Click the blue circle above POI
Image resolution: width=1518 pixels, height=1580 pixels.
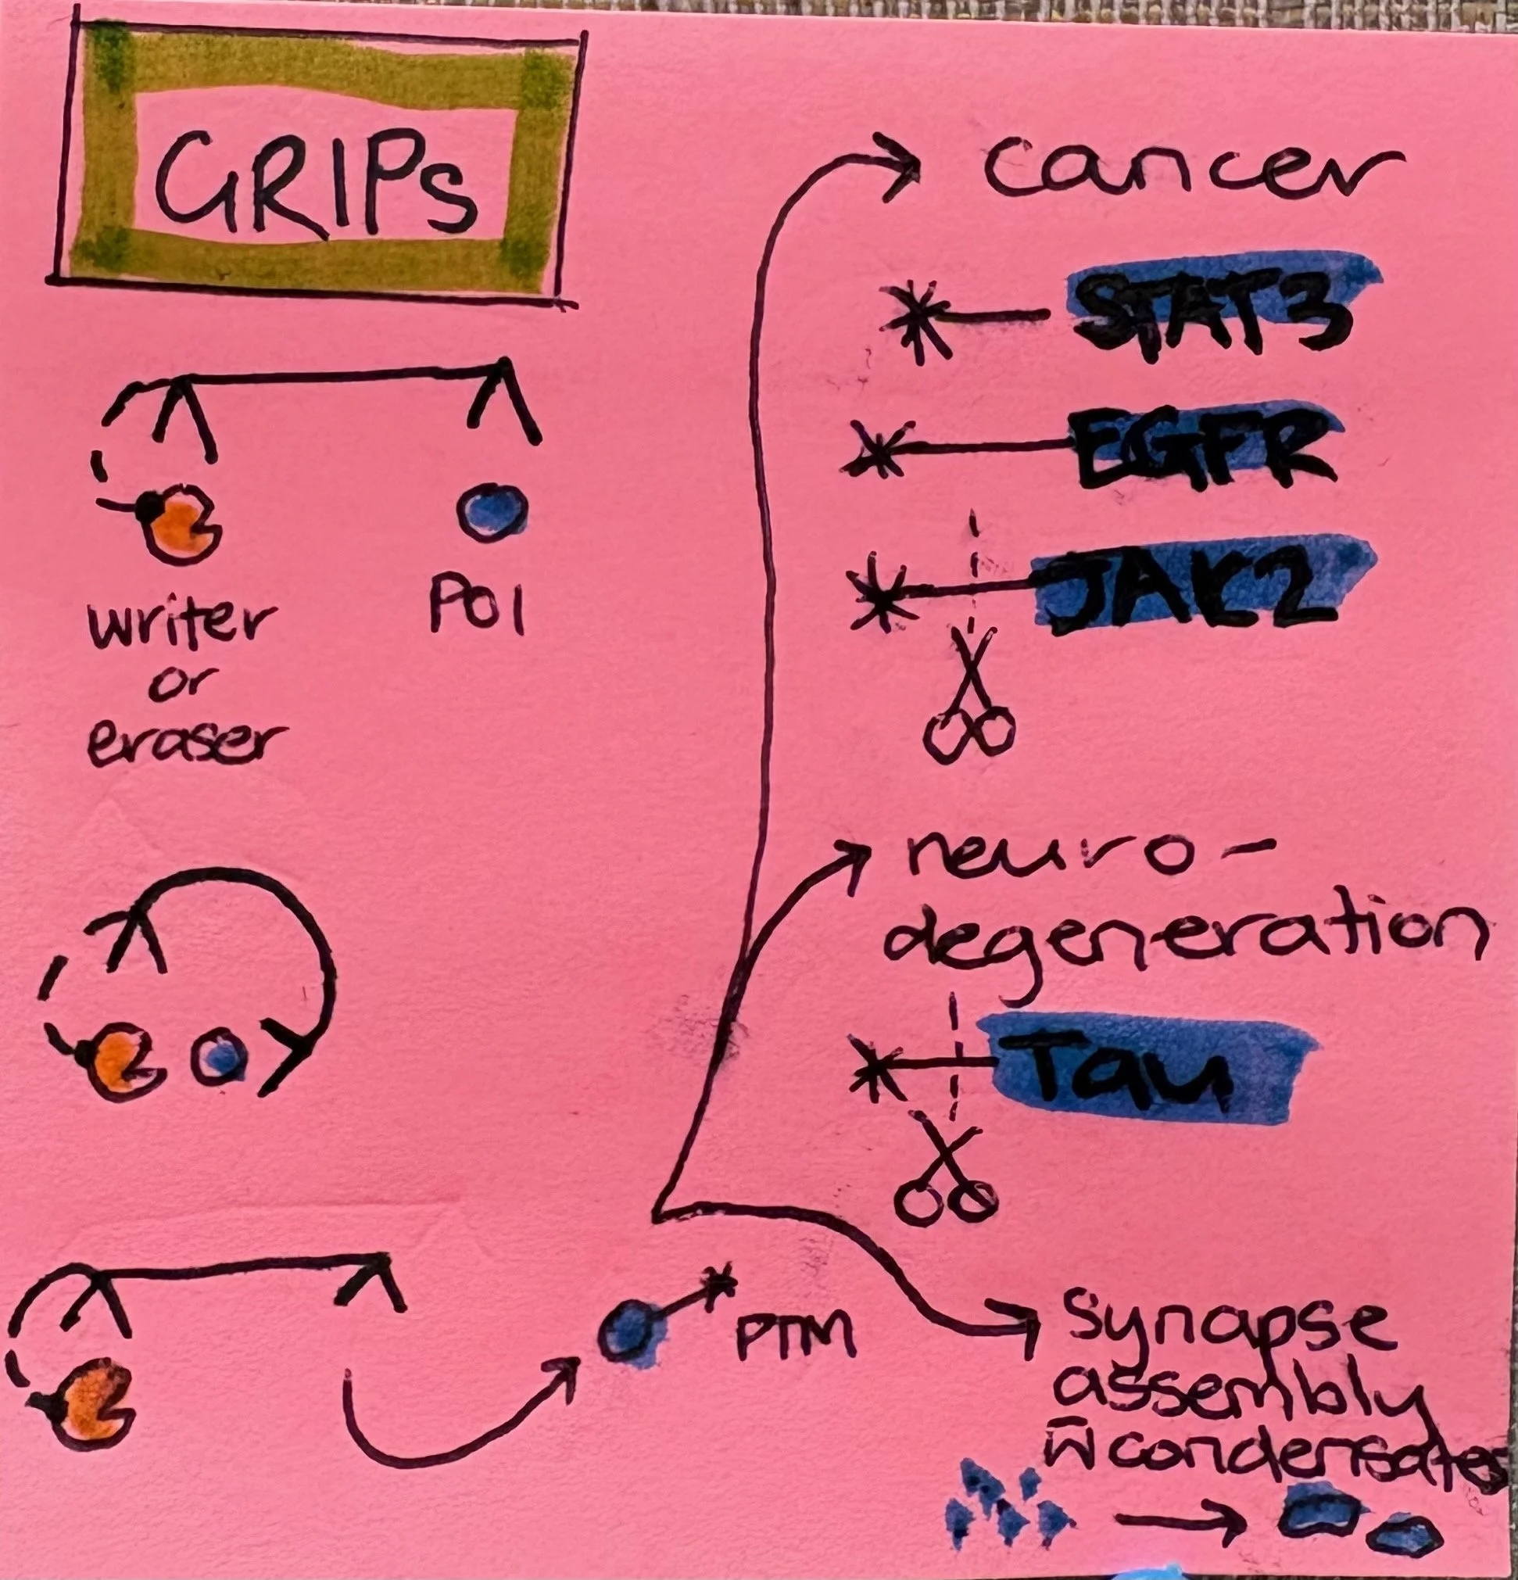tap(491, 514)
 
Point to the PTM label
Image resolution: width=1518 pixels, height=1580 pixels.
tap(793, 1338)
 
